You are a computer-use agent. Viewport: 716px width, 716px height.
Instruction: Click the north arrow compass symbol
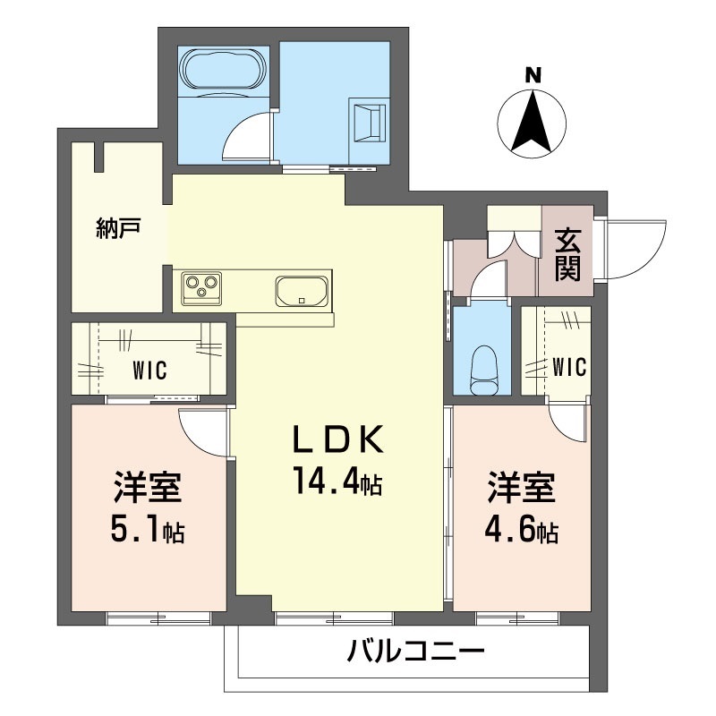[533, 123]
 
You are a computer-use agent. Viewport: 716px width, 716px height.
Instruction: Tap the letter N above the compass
[533, 75]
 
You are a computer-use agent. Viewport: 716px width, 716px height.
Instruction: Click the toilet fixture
[484, 368]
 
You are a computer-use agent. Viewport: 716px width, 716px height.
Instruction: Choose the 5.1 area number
[134, 531]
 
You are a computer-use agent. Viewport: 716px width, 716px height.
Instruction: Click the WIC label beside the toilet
[568, 367]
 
